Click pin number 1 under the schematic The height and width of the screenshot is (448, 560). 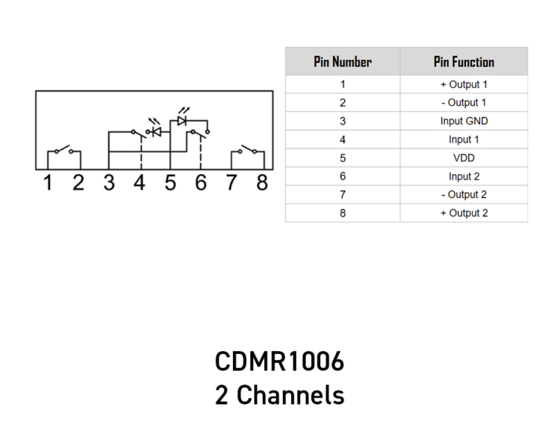click(x=48, y=182)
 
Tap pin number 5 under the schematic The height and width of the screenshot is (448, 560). click(x=170, y=182)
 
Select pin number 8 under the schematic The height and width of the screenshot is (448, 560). click(x=262, y=182)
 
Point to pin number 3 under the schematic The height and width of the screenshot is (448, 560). click(x=109, y=182)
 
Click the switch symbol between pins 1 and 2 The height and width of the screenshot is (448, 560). click(x=64, y=150)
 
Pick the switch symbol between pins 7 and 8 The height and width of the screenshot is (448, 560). click(x=248, y=150)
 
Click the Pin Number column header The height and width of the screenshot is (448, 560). click(x=343, y=62)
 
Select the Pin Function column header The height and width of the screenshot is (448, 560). click(x=464, y=62)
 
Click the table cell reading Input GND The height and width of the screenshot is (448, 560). click(x=464, y=121)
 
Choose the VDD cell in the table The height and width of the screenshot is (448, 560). click(x=464, y=158)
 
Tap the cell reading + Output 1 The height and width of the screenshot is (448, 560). click(x=464, y=84)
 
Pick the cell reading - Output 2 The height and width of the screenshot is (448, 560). click(x=464, y=195)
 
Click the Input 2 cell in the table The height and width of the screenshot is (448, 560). click(x=464, y=176)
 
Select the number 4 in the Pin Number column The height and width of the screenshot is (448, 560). click(x=343, y=140)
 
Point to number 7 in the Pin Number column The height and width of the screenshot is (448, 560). click(x=343, y=195)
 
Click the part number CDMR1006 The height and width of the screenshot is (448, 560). click(x=279, y=361)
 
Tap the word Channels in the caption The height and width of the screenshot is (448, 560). click(x=290, y=395)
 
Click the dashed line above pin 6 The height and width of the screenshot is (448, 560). click(x=201, y=153)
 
